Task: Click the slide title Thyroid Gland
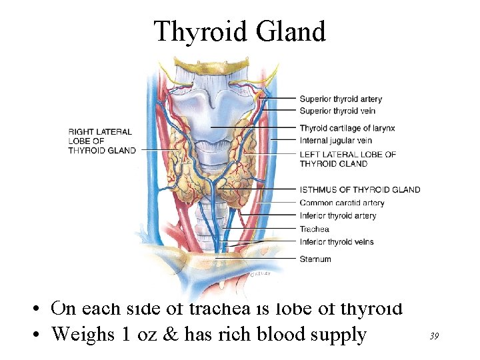coord(239,31)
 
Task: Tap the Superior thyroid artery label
coord(341,99)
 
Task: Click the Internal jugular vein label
coord(335,141)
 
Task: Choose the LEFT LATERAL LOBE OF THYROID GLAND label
coord(347,159)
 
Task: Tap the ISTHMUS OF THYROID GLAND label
coord(360,189)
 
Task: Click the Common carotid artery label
coord(342,203)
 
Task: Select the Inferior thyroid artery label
coord(338,215)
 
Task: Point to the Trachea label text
coord(315,229)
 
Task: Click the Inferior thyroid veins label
coord(337,242)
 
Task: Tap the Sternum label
coord(315,259)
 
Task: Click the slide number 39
coord(433,337)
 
